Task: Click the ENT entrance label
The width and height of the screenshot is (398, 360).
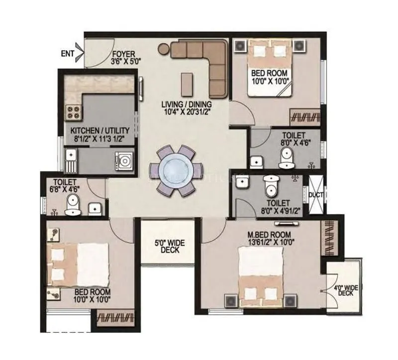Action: coord(67,52)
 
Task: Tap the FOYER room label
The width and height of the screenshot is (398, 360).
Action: coord(123,54)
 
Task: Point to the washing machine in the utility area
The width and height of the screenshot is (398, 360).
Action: coord(124,161)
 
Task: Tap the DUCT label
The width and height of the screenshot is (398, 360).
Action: coord(316,195)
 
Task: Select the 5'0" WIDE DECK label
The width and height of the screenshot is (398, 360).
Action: coord(170,246)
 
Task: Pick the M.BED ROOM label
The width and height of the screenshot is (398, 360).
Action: coord(270,235)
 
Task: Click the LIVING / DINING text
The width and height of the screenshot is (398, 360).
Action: coord(187,104)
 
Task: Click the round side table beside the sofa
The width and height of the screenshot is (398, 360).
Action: coord(164,49)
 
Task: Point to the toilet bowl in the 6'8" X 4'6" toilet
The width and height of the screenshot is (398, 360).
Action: coord(72,205)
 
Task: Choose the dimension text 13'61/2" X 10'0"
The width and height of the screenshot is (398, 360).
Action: coord(270,243)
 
